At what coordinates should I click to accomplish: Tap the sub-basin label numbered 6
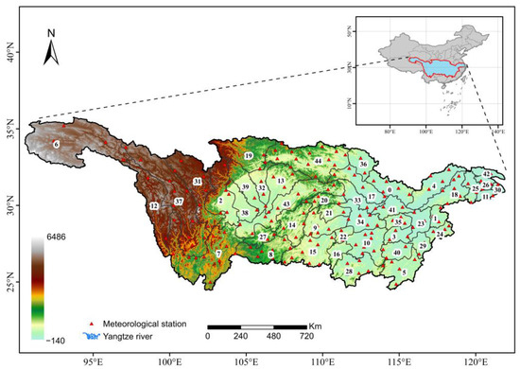(57, 143)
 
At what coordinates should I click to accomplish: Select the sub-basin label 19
(249, 155)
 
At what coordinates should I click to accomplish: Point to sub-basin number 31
(198, 181)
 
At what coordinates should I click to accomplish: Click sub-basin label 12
(153, 205)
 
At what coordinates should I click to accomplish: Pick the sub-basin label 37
(179, 202)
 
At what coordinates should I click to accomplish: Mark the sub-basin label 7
(218, 253)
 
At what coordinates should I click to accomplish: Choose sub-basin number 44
(319, 162)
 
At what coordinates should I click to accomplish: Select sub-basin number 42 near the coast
(487, 175)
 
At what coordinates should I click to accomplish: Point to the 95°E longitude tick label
(94, 360)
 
